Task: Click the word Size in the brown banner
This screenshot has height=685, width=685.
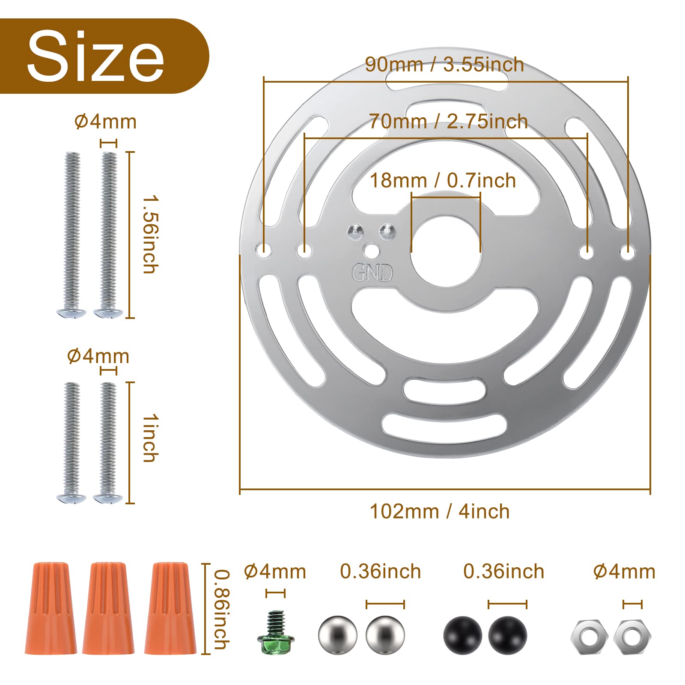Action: (95, 57)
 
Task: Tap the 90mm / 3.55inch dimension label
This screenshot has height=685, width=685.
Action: (444, 65)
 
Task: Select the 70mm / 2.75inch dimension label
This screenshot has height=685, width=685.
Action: (448, 122)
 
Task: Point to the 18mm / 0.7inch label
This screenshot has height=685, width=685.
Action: (443, 181)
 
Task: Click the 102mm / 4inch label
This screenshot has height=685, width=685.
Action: (440, 512)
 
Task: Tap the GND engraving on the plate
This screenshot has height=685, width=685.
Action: (372, 273)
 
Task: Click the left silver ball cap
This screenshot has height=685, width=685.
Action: (338, 635)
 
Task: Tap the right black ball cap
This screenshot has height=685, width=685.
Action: (507, 635)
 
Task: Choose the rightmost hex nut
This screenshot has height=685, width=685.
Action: (632, 637)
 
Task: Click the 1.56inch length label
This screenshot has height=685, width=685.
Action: (150, 235)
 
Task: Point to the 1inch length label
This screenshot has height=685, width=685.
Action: (150, 438)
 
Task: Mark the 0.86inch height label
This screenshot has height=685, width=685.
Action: (222, 609)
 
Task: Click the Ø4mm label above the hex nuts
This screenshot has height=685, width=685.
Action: (624, 572)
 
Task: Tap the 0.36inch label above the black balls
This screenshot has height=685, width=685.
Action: (503, 572)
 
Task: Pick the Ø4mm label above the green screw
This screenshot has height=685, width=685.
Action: (275, 572)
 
